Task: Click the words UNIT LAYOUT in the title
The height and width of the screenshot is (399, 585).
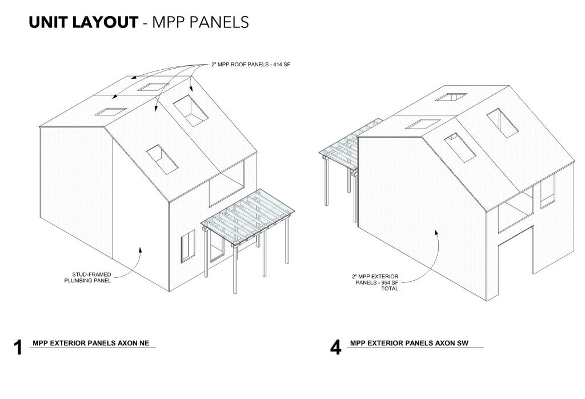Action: coord(83,22)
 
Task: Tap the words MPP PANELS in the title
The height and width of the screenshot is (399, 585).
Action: coord(201,22)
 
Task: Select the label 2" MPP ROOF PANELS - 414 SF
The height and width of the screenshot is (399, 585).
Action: coord(251,65)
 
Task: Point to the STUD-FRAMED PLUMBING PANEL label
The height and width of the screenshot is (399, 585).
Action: coord(87,277)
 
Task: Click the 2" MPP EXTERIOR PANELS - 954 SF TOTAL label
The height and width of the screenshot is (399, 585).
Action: coord(375,282)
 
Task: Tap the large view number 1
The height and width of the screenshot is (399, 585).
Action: coord(18,348)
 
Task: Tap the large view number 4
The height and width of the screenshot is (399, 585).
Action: coord(335,348)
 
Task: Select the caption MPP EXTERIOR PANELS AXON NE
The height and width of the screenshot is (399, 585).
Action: coord(91,343)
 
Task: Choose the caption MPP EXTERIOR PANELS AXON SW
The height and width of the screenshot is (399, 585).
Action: coord(409,343)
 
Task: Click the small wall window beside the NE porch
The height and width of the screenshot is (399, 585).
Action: coord(188,246)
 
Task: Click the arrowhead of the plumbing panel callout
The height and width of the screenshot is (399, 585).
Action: coord(141,249)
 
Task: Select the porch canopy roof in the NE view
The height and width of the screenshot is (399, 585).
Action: coord(248,218)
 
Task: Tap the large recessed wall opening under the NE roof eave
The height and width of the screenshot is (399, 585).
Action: coord(226,182)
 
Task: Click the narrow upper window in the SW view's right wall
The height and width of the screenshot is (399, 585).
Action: coord(547,191)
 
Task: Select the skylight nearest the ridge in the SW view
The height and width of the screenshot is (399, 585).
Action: coord(451,97)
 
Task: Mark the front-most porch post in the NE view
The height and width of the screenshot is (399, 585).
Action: coord(235,268)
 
